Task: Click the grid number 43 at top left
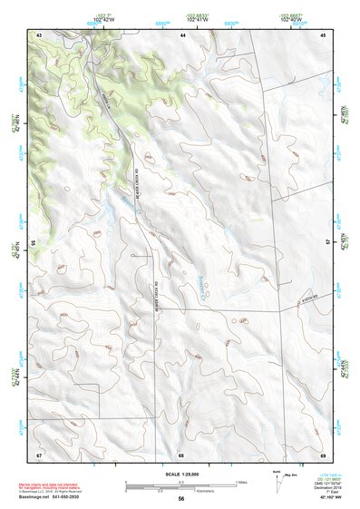pyautogui.click(x=39, y=34)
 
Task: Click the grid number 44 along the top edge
pyautogui.click(x=182, y=34)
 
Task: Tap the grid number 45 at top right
pyautogui.click(x=323, y=34)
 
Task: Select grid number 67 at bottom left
pyautogui.click(x=39, y=454)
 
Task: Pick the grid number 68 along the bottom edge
pyautogui.click(x=181, y=454)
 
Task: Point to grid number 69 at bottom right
pyautogui.click(x=323, y=454)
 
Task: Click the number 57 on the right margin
pyautogui.click(x=329, y=243)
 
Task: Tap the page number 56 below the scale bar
pyautogui.click(x=181, y=499)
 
